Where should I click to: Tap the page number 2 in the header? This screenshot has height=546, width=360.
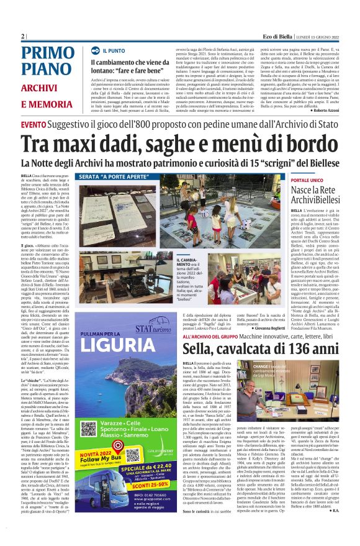22,36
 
